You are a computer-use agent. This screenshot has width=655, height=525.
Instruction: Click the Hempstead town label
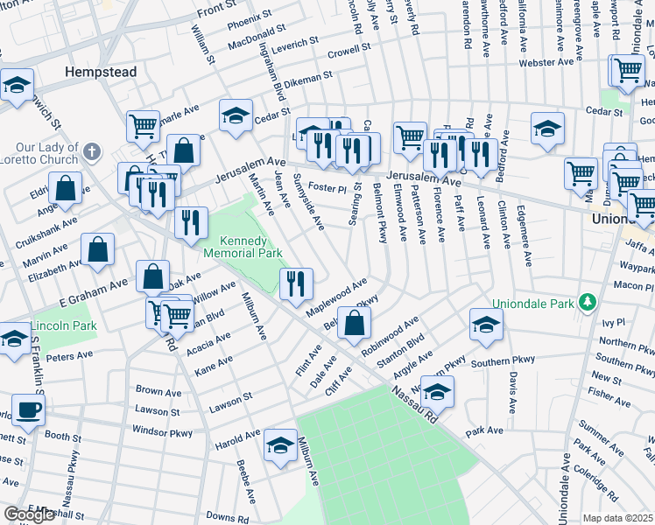pyautogui.click(x=100, y=72)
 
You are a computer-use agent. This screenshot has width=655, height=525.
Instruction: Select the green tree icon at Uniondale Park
pyautogui.click(x=588, y=304)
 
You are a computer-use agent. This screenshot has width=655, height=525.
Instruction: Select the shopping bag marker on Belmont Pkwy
pyautogui.click(x=353, y=325)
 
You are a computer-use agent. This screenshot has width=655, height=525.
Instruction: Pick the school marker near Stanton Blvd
pyautogui.click(x=486, y=324)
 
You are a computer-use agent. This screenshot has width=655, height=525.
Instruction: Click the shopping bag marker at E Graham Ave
pyautogui.click(x=153, y=276)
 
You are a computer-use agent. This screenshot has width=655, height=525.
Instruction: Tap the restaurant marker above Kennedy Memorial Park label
pyautogui.click(x=190, y=223)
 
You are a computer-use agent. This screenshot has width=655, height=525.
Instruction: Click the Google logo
pyautogui.click(x=29, y=514)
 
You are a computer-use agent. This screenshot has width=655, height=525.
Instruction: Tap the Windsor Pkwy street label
pyautogui.click(x=162, y=430)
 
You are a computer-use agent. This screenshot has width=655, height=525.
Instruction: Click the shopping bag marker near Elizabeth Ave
pyautogui.click(x=98, y=248)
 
